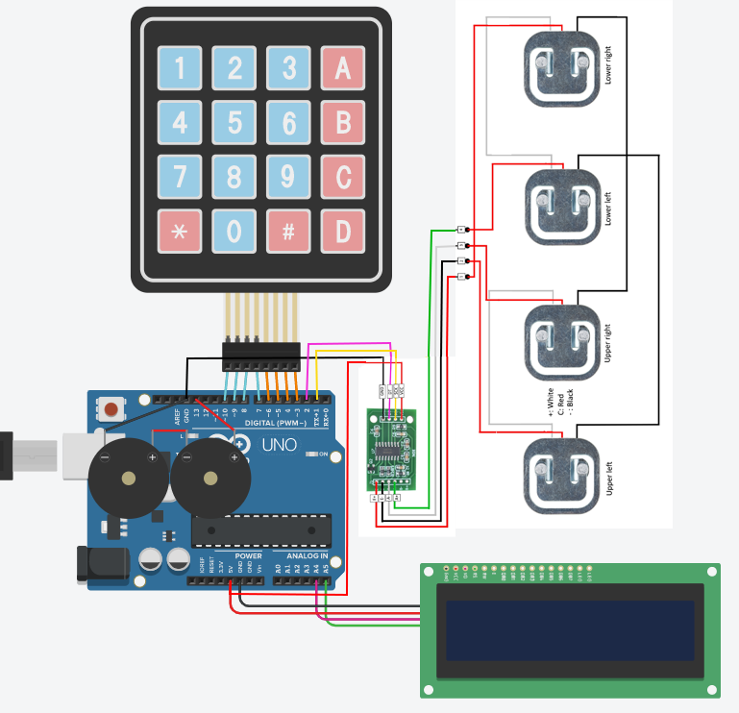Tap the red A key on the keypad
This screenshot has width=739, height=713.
[x=343, y=69]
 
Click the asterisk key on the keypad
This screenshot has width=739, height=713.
[x=180, y=232]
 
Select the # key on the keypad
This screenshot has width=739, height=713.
[x=288, y=232]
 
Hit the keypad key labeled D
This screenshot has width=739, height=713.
[x=343, y=232]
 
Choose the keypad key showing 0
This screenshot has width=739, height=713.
[x=234, y=232]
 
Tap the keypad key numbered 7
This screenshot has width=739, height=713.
[x=180, y=178]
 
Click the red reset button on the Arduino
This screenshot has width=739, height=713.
[x=112, y=410]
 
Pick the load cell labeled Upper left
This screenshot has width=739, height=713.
[x=561, y=471]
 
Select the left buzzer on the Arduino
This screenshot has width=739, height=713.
[x=125, y=479]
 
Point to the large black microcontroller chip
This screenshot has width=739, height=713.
[x=260, y=529]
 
